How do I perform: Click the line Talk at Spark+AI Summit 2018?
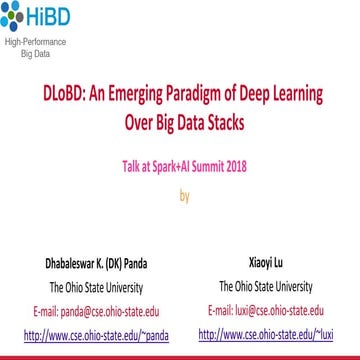184,171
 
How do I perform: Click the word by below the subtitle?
184,195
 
